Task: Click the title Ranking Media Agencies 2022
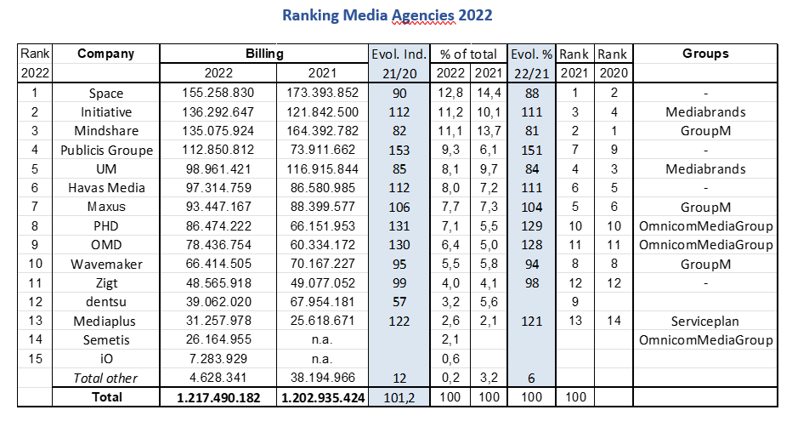387,15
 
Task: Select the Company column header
105,54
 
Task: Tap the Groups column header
704,54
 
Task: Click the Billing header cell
263,54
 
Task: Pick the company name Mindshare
105,131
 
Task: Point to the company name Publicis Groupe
105,151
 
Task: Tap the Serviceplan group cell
704,322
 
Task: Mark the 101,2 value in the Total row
399,397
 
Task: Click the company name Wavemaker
105,265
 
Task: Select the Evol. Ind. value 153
399,151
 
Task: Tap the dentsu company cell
105,303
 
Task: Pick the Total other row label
105,379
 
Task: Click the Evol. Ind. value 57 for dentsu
399,303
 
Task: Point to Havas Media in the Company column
105,188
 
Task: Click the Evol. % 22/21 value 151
532,151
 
